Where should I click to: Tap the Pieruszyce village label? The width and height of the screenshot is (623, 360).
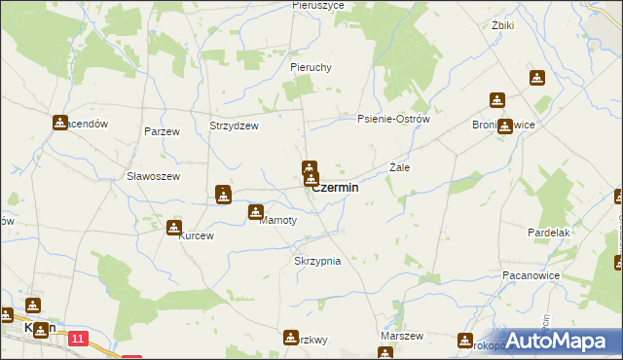311,6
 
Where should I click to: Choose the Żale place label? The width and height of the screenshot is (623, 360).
399,167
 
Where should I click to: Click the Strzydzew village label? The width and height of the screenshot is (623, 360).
234,126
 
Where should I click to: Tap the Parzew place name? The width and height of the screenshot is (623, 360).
161,130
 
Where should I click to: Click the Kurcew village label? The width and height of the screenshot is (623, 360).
195,235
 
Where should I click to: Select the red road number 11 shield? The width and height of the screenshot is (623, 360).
79,338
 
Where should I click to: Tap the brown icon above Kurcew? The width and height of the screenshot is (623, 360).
174,229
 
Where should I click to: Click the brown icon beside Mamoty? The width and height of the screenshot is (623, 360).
256,212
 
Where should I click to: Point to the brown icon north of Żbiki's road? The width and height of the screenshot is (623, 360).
536,78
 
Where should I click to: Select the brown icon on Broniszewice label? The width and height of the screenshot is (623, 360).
504,126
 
